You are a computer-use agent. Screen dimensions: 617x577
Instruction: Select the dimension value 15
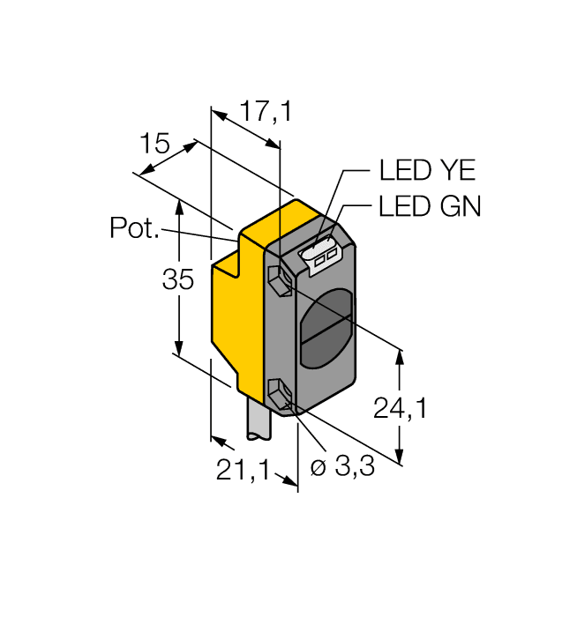tap(154, 144)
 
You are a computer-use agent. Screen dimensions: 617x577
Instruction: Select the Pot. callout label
tap(135, 228)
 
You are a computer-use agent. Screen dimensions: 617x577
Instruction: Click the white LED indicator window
tap(321, 255)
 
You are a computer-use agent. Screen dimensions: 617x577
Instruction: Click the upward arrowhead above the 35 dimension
tap(179, 206)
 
